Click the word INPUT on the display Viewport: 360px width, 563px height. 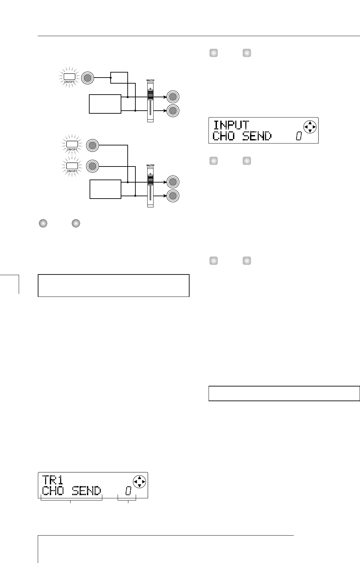pyautogui.click(x=231, y=125)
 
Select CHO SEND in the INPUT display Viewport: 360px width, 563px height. pyautogui.click(x=242, y=137)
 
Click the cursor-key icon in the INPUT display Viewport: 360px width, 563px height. pyautogui.click(x=310, y=127)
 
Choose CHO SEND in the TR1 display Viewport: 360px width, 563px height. pyautogui.click(x=72, y=491)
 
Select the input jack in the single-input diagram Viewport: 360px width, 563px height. pyautogui.click(x=87, y=78)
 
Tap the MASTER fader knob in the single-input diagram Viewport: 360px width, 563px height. pyautogui.click(x=150, y=96)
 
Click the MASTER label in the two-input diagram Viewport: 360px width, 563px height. pyautogui.click(x=150, y=165)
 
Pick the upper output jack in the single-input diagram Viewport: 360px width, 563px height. pyautogui.click(x=173, y=97)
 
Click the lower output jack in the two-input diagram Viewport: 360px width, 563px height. pyautogui.click(x=173, y=196)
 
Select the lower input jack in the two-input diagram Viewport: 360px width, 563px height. pyautogui.click(x=93, y=166)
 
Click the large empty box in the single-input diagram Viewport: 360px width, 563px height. pyautogui.click(x=105, y=104)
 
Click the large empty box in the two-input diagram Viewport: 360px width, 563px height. pyautogui.click(x=105, y=189)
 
